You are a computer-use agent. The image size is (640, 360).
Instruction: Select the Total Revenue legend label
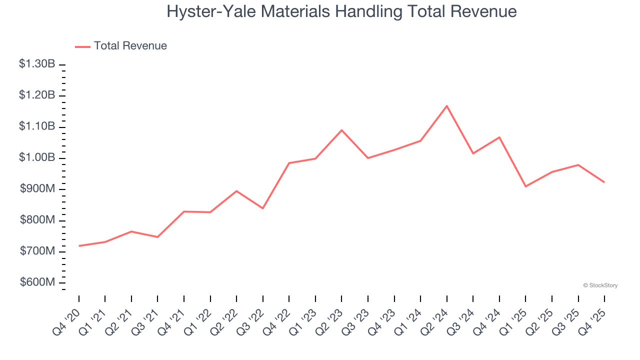pyautogui.click(x=130, y=46)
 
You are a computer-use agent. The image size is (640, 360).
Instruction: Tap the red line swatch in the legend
pyautogui.click(x=82, y=46)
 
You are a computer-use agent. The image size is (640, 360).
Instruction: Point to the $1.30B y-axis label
pyautogui.click(x=37, y=64)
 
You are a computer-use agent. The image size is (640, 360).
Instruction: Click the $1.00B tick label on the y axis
pyautogui.click(x=37, y=157)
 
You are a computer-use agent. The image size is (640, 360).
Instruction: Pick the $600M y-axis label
pyautogui.click(x=37, y=282)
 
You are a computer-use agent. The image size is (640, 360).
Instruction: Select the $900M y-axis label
pyautogui.click(x=37, y=189)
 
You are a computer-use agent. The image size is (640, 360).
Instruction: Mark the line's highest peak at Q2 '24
pyautogui.click(x=446, y=105)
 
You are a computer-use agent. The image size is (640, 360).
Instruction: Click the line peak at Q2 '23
pyautogui.click(x=341, y=130)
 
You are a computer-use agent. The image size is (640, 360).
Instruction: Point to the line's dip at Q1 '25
pyautogui.click(x=525, y=186)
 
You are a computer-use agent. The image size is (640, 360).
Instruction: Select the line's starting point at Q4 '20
pyautogui.click(x=79, y=246)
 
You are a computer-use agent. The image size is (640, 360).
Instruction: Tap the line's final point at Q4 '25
pyautogui.click(x=604, y=182)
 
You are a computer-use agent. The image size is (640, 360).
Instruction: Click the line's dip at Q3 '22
pyautogui.click(x=262, y=208)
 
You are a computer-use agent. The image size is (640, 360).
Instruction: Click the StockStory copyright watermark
pyautogui.click(x=600, y=285)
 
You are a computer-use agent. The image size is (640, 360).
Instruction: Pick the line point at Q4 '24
pyautogui.click(x=499, y=137)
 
